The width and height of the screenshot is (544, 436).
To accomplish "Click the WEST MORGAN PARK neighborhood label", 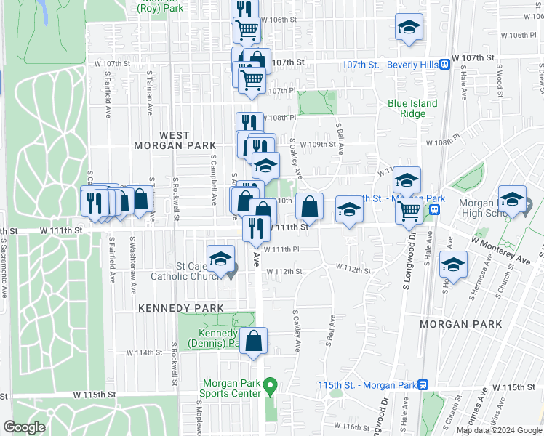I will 164,140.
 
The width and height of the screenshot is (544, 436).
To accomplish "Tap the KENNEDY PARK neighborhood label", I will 181,308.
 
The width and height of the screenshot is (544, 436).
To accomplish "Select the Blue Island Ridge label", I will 412,108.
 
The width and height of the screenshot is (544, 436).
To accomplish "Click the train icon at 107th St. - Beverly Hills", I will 444,65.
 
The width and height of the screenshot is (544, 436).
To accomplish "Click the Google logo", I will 24,427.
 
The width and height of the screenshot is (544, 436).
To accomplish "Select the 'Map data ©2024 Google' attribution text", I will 499,430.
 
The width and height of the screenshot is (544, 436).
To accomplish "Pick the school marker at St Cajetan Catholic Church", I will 220,259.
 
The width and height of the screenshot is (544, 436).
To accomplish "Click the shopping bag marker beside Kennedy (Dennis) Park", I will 253,342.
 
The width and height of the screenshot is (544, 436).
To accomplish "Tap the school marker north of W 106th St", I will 409,29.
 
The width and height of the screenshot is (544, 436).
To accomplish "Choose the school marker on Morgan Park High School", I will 512,201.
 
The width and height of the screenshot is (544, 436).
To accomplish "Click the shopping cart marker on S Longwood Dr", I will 409,211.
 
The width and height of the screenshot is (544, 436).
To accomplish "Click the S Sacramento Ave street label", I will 4,270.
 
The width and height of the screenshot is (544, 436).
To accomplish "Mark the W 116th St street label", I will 348,426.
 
